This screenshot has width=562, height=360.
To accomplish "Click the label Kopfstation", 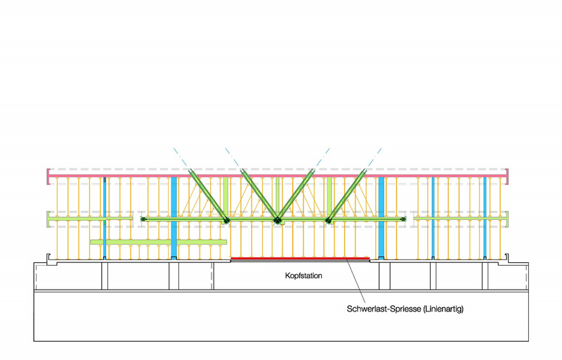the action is click(x=303, y=276).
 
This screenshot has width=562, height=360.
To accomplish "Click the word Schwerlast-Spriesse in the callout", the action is click(x=384, y=309).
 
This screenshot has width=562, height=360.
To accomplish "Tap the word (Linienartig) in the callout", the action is click(x=443, y=309).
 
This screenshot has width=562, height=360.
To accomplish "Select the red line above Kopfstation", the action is click(x=300, y=258).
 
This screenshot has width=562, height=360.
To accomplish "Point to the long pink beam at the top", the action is click(x=277, y=176).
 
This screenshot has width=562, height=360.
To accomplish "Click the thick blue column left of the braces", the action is click(x=174, y=218).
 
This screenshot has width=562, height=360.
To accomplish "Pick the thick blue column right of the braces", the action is click(x=381, y=218).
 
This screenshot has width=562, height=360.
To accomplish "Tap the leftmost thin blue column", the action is click(x=105, y=218).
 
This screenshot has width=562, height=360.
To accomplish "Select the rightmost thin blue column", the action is click(x=485, y=218).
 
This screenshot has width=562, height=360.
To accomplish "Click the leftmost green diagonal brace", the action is click(x=209, y=196).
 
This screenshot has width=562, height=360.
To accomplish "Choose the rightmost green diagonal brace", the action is click(x=346, y=196).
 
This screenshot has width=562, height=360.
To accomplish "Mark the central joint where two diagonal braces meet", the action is click(x=277, y=220).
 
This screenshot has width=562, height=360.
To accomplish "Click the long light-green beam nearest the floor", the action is click(x=159, y=242).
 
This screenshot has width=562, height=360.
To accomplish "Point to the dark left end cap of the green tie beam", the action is click(x=143, y=219).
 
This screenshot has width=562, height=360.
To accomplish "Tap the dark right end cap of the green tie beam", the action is click(x=403, y=219).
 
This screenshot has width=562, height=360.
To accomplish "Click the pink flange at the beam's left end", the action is click(x=48, y=176).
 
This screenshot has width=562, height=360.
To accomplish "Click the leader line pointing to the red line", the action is click(x=356, y=281).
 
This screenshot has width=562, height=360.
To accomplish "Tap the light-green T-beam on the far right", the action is click(x=462, y=219).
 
